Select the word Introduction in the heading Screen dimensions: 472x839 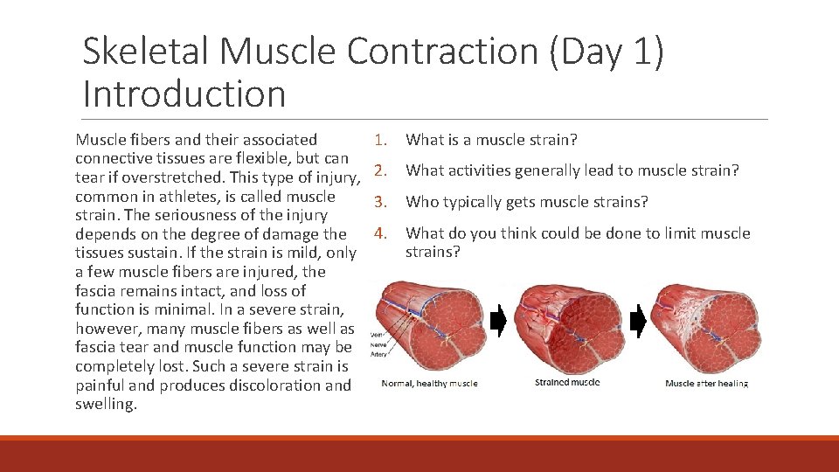[x=184, y=94]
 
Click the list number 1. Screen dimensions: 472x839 [x=379, y=140]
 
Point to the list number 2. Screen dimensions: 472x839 [x=379, y=170]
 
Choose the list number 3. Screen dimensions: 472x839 [x=379, y=202]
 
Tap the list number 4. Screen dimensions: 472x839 [x=379, y=233]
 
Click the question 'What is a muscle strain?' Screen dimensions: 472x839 [x=492, y=140]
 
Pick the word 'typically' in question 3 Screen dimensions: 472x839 [x=473, y=202]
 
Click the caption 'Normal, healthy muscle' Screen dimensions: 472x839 [x=430, y=384]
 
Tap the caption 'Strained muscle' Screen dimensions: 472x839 [x=566, y=382]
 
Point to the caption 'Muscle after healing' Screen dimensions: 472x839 [x=706, y=384]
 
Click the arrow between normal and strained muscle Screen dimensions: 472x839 [x=497, y=323]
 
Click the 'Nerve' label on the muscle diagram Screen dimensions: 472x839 [x=378, y=343]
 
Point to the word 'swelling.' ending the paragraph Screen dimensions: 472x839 [x=107, y=405]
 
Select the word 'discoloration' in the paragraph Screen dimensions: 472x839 [x=260, y=385]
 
